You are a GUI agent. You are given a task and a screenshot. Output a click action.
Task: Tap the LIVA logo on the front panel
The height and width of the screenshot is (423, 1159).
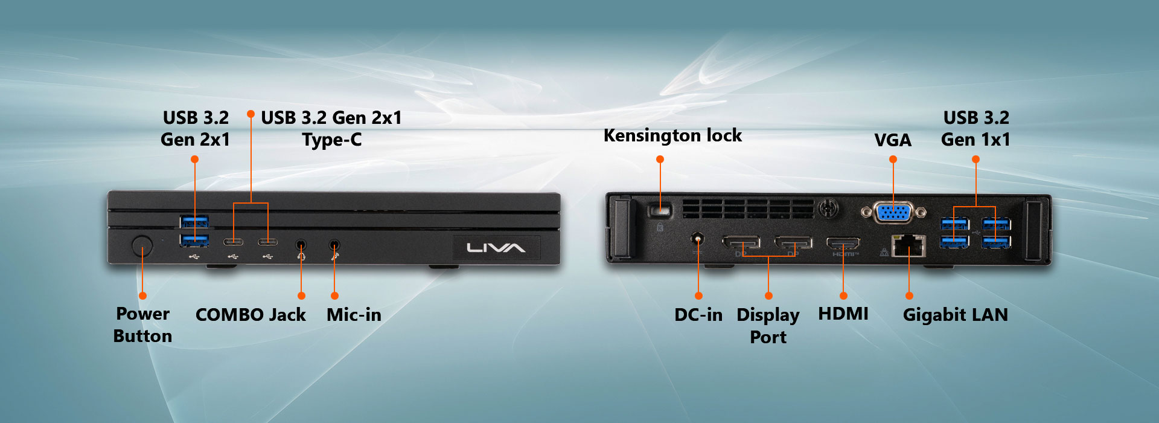(x=496, y=248)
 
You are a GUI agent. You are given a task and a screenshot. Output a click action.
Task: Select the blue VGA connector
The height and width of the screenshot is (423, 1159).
(x=893, y=212)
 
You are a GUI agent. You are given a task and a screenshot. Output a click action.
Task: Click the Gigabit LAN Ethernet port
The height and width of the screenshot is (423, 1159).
(x=908, y=245)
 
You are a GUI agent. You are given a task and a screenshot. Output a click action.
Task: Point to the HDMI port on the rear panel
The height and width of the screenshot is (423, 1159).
(x=843, y=244)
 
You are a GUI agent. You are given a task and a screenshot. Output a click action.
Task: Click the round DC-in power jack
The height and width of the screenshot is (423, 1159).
(x=698, y=239)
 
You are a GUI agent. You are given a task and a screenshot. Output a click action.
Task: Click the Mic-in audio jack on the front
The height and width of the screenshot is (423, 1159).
(x=334, y=245)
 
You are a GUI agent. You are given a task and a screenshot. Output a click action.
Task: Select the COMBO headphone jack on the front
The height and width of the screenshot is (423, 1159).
(x=301, y=245)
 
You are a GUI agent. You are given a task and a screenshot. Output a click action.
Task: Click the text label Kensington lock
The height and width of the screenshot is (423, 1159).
(x=672, y=136)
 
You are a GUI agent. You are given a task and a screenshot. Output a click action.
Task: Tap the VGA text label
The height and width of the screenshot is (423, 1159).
(x=893, y=140)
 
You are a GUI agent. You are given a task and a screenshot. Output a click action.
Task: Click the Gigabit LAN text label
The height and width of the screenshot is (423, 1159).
(x=955, y=315)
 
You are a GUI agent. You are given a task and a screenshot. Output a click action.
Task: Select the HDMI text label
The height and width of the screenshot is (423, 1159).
(x=843, y=314)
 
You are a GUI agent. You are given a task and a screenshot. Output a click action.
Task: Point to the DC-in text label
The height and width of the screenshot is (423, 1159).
(x=698, y=315)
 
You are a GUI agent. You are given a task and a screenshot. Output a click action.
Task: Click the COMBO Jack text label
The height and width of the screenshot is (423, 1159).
(x=251, y=315)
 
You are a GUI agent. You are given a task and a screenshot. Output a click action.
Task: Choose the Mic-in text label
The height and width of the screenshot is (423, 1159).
(x=354, y=315)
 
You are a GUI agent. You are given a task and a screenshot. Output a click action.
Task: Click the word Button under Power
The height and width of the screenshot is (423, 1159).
(x=142, y=336)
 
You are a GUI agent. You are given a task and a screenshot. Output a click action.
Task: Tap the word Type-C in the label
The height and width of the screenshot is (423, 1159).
(x=332, y=140)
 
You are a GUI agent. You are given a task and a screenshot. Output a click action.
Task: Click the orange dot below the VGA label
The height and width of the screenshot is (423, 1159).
(x=893, y=160)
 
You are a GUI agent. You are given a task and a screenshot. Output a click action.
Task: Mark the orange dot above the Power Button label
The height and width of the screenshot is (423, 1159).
(x=142, y=295)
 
